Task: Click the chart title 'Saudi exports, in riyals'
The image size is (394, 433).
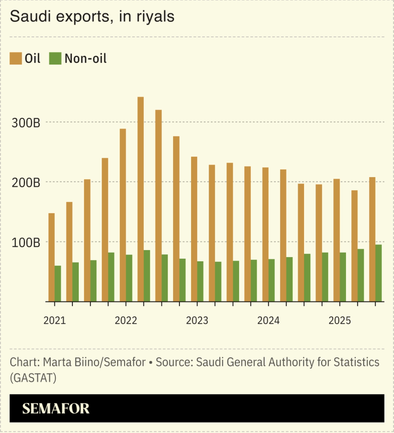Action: point(93,17)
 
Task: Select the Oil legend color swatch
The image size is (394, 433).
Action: point(16,59)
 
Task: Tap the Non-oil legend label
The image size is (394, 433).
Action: point(85,59)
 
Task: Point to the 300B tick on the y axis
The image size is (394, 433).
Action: point(27,123)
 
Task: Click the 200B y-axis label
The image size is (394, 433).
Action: point(27,182)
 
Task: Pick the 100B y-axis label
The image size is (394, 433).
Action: point(27,243)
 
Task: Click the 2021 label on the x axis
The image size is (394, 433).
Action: point(54,320)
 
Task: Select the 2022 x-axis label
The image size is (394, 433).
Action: point(126,320)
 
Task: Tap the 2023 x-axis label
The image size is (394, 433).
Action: point(197,320)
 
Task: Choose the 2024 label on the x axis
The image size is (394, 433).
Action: point(268,320)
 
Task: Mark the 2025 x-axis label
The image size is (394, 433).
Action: point(339,320)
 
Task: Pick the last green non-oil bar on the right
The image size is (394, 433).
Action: point(379,273)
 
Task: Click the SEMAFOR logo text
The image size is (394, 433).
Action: point(56,409)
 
